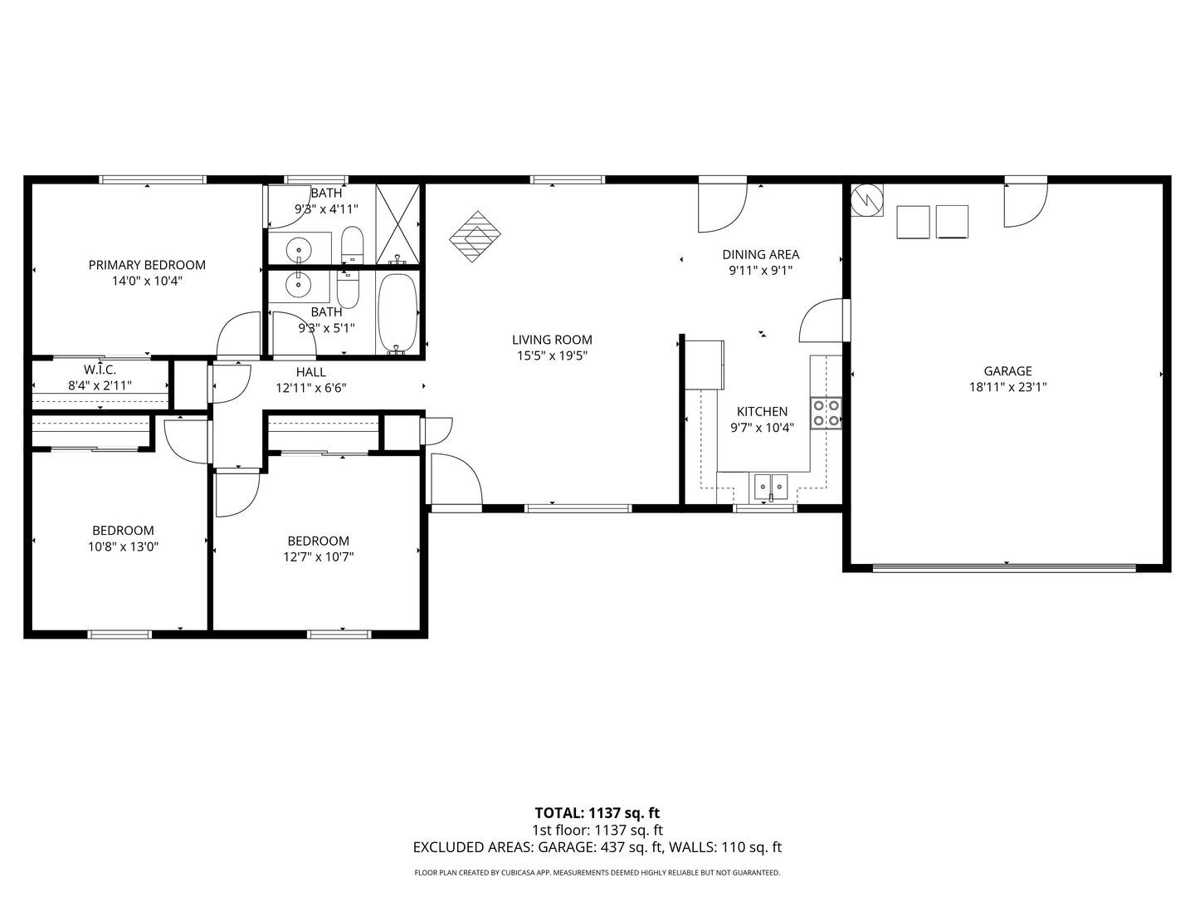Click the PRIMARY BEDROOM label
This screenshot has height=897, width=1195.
(x=147, y=265)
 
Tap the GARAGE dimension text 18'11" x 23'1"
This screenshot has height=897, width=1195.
(x=1007, y=386)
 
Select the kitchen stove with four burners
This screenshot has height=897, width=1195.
(x=827, y=413)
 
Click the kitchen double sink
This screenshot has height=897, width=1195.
(x=771, y=485)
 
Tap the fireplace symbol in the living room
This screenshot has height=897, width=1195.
(x=476, y=237)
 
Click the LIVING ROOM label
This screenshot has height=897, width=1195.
(x=552, y=340)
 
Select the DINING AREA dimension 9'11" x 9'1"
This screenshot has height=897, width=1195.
(x=760, y=270)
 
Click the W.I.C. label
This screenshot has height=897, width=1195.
(x=99, y=369)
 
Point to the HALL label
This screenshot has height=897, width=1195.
(x=310, y=372)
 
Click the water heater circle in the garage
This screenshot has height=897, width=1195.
(x=867, y=199)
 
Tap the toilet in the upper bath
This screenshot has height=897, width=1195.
(x=352, y=242)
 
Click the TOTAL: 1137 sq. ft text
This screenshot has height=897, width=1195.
(x=597, y=812)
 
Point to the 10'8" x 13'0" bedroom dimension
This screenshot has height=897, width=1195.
(x=123, y=547)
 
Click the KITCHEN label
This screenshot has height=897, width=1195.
(x=762, y=411)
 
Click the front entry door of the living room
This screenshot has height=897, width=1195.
(x=454, y=480)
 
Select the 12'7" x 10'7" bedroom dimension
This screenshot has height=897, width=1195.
(x=318, y=556)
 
